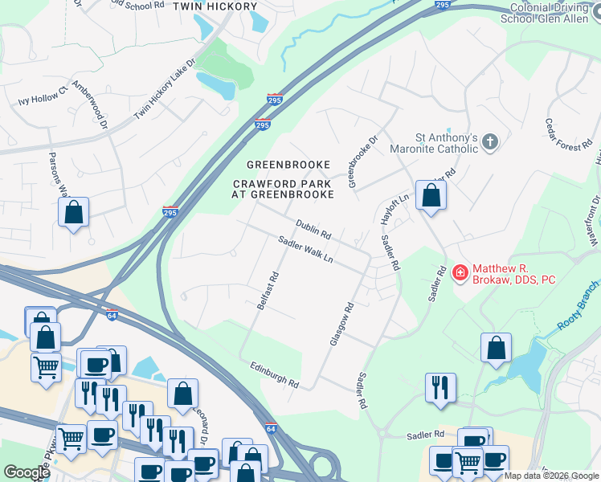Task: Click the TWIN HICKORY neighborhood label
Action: pyautogui.click(x=215, y=6)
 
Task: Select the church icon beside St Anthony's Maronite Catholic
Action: pyautogui.click(x=490, y=143)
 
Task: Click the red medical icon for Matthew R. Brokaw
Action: pyautogui.click(x=460, y=274)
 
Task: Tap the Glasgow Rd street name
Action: pyautogui.click(x=341, y=324)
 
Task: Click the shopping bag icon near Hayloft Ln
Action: pyautogui.click(x=431, y=195)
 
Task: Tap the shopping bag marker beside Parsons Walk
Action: pyautogui.click(x=73, y=213)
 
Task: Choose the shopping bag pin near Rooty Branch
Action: pyautogui.click(x=497, y=348)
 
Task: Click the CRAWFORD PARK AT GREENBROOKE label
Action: pyautogui.click(x=283, y=188)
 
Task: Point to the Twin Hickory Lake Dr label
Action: pyautogui.click(x=165, y=89)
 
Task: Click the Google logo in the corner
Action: pyautogui.click(x=26, y=472)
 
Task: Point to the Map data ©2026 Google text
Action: pyautogui.click(x=550, y=476)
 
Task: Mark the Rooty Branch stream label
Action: pyautogui.click(x=579, y=308)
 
